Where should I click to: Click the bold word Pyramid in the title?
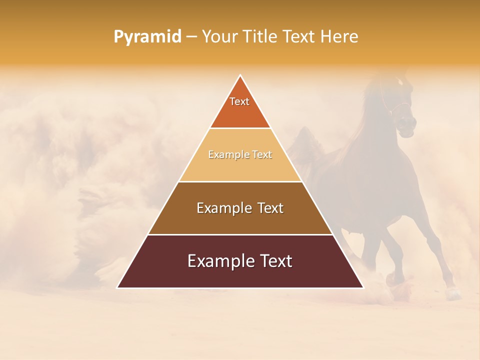coord(147,36)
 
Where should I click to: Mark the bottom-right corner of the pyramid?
coord(363,287)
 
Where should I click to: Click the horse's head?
coord(402,110)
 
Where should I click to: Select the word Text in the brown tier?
coord(270,208)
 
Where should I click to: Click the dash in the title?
coord(191,37)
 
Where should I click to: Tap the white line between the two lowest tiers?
coord(240,234)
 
